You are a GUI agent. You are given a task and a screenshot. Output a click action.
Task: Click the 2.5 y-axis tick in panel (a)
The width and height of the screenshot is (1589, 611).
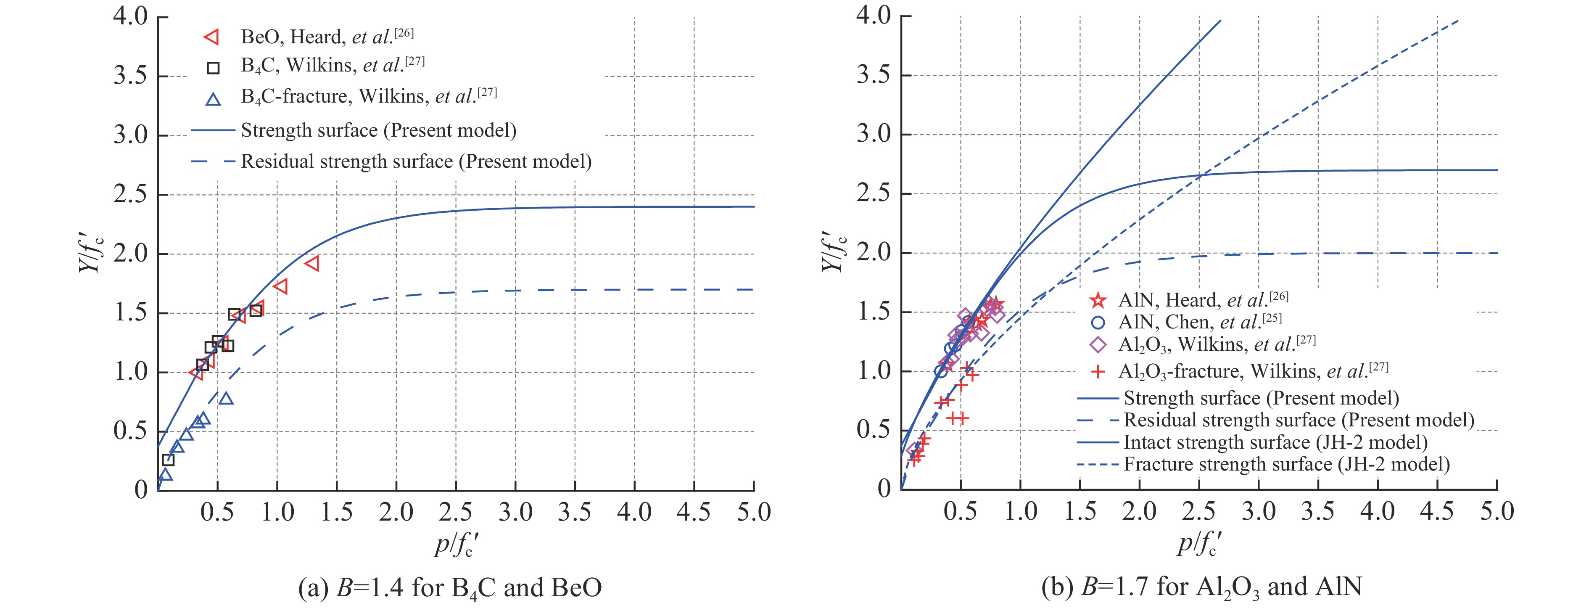click(131, 194)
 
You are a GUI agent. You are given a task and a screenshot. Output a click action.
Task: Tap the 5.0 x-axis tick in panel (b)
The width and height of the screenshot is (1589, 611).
click(1497, 512)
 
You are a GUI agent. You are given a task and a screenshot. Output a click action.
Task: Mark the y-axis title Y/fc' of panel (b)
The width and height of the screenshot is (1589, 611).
click(834, 253)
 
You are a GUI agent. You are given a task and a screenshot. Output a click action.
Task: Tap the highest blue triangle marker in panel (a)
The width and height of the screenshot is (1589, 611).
click(227, 398)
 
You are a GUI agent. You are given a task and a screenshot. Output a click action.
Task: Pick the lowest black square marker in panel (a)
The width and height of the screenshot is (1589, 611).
click(168, 460)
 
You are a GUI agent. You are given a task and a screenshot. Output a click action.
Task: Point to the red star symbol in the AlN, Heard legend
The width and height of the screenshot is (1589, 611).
click(1097, 301)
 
